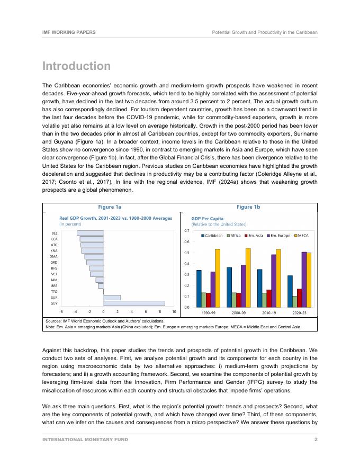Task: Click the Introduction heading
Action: click(x=76, y=66)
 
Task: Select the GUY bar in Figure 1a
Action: click(x=134, y=303)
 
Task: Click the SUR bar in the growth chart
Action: click(x=112, y=298)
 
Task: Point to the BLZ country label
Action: click(x=54, y=233)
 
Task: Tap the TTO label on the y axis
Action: click(x=54, y=292)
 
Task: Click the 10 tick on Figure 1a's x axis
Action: click(x=174, y=312)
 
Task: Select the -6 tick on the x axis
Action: click(x=61, y=312)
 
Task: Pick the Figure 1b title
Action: click(x=249, y=207)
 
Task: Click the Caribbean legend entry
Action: click(x=212, y=235)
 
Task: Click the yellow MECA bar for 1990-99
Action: click(x=218, y=278)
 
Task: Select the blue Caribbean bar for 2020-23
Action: click(x=290, y=291)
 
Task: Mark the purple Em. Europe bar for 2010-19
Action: click(x=274, y=281)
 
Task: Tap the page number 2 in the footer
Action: click(x=316, y=440)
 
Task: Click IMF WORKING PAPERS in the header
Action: click(x=69, y=32)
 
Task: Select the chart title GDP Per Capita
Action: click(x=207, y=218)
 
